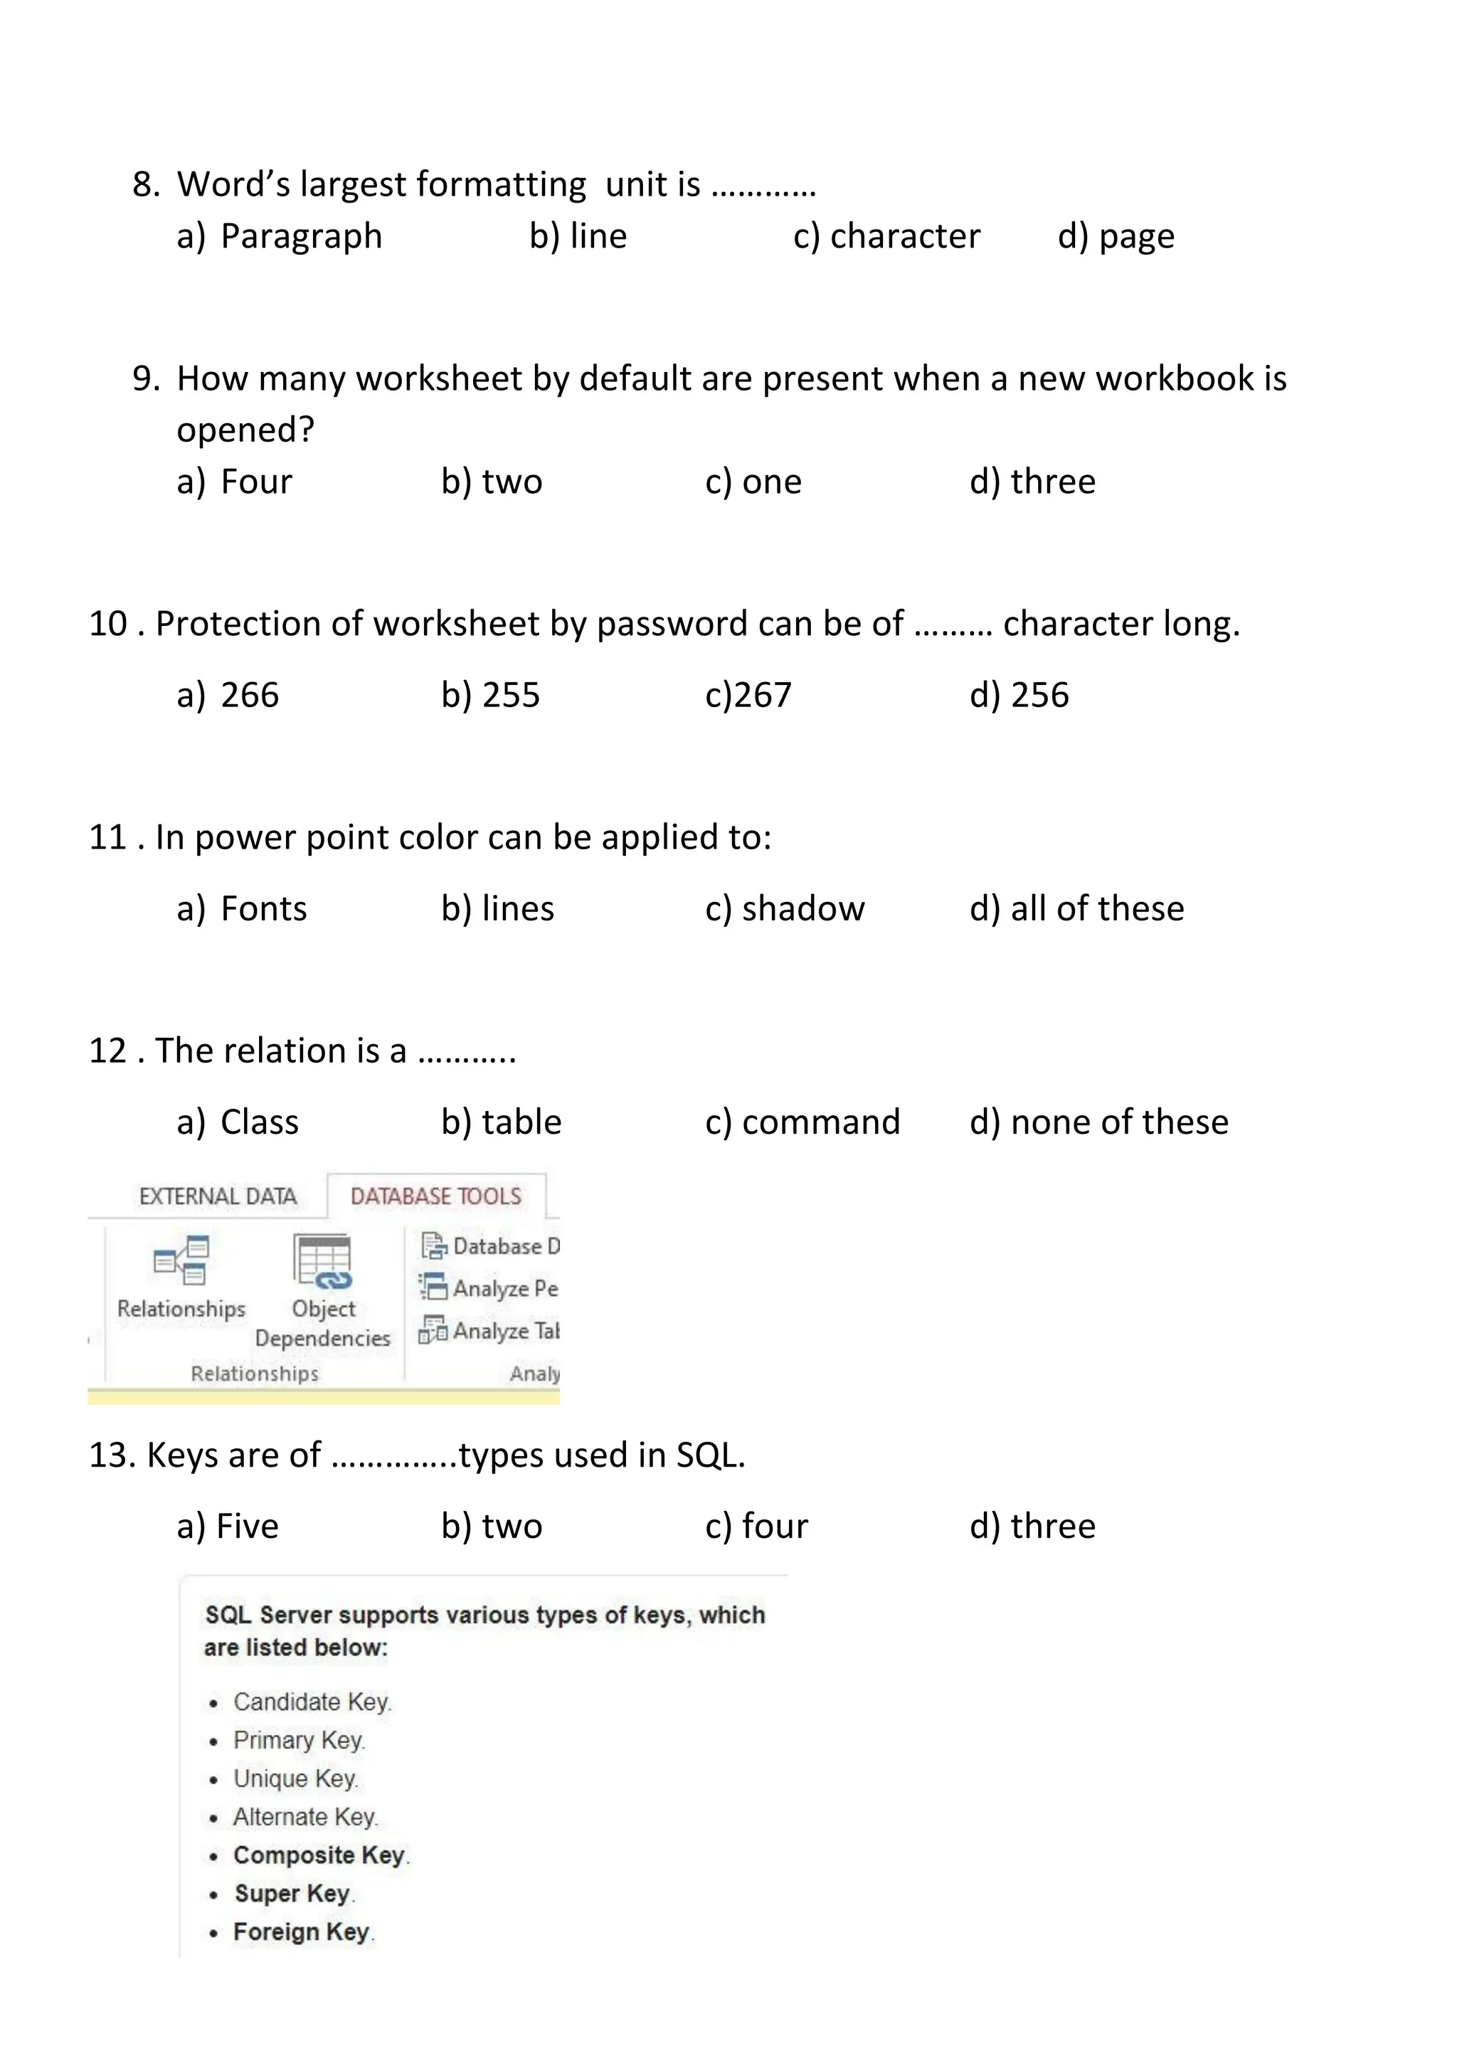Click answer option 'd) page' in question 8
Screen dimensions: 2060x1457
point(1116,237)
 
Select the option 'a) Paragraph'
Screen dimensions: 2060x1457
point(279,237)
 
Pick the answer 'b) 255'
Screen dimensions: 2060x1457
point(490,696)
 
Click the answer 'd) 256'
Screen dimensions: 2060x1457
point(1019,696)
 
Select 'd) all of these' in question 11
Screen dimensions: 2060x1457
point(1076,909)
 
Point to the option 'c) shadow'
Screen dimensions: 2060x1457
point(784,909)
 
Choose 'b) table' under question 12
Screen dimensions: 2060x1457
point(501,1122)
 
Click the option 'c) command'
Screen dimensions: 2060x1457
point(802,1122)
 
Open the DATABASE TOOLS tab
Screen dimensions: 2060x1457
point(436,1197)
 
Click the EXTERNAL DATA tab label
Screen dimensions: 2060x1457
point(218,1197)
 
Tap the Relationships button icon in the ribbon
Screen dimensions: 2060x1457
point(181,1260)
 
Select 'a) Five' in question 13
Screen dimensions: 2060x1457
point(228,1527)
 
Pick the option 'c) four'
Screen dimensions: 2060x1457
point(756,1527)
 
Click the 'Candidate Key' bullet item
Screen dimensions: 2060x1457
point(312,1702)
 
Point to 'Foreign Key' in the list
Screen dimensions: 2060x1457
point(302,1932)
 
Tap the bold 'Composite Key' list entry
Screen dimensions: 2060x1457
point(319,1854)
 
